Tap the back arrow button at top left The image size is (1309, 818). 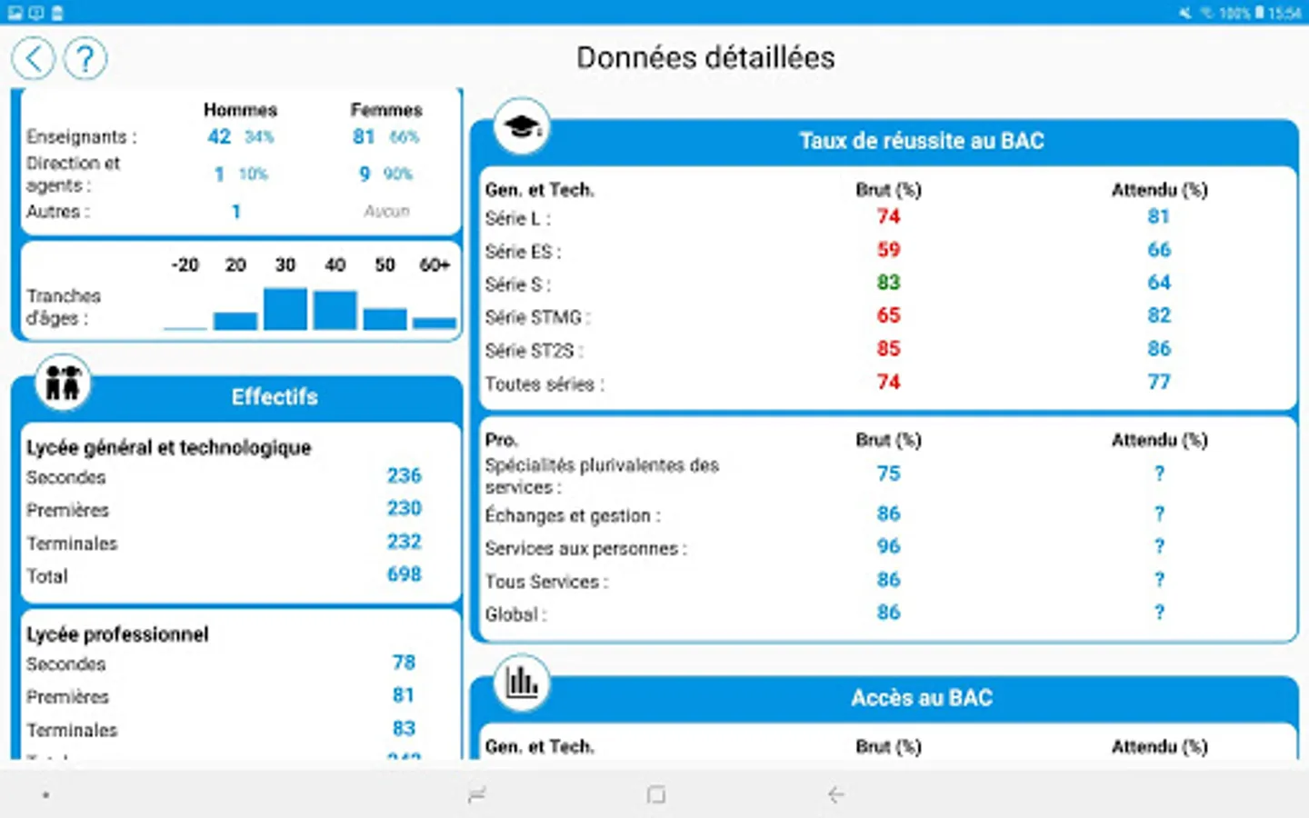pyautogui.click(x=34, y=59)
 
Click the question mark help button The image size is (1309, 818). pyautogui.click(x=85, y=59)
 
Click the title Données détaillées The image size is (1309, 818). pyautogui.click(x=705, y=58)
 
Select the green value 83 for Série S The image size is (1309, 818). pyautogui.click(x=888, y=283)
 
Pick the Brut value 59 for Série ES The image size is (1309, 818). pyautogui.click(x=888, y=250)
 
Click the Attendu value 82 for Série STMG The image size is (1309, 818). pyautogui.click(x=1159, y=315)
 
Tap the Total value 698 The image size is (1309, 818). pyautogui.click(x=405, y=574)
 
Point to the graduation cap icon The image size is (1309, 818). pyautogui.click(x=522, y=126)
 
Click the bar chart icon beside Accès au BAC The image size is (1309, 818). pyautogui.click(x=522, y=682)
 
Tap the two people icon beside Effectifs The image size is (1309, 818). pyautogui.click(x=64, y=384)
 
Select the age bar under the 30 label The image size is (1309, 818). pyautogui.click(x=285, y=309)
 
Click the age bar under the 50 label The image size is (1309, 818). pyautogui.click(x=385, y=319)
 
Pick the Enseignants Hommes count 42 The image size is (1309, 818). pyautogui.click(x=219, y=137)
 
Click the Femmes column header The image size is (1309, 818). pyautogui.click(x=386, y=110)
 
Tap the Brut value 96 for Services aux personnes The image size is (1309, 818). pyautogui.click(x=888, y=546)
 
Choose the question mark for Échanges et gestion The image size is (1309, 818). pyautogui.click(x=1159, y=514)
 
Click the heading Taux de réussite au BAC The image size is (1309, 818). pyautogui.click(x=921, y=141)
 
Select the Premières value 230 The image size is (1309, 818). pyautogui.click(x=405, y=508)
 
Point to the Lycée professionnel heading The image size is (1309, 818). pyautogui.click(x=117, y=634)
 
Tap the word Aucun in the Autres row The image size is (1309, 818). pyautogui.click(x=386, y=212)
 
